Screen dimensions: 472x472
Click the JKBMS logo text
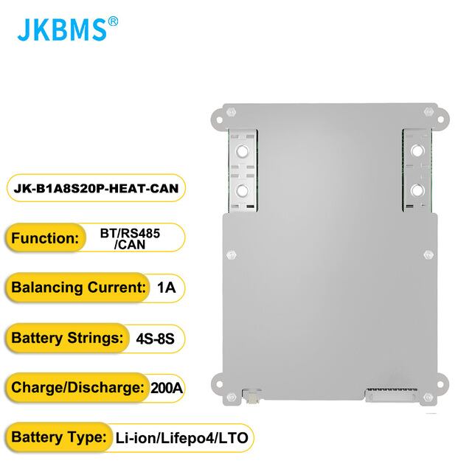point(61,30)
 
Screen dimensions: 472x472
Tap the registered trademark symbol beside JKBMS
point(113,21)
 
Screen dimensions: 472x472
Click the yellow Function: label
point(46,238)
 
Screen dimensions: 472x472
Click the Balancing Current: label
point(77,288)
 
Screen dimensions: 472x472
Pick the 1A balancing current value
point(166,288)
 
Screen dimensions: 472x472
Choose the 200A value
point(165,388)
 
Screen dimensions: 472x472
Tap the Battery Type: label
point(57,438)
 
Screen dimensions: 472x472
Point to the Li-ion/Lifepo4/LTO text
point(181,438)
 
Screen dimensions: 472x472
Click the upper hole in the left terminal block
point(241,150)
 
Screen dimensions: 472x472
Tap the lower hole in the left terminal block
point(241,190)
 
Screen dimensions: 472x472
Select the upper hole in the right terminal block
point(417,150)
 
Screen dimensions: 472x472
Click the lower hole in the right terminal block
point(417,190)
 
